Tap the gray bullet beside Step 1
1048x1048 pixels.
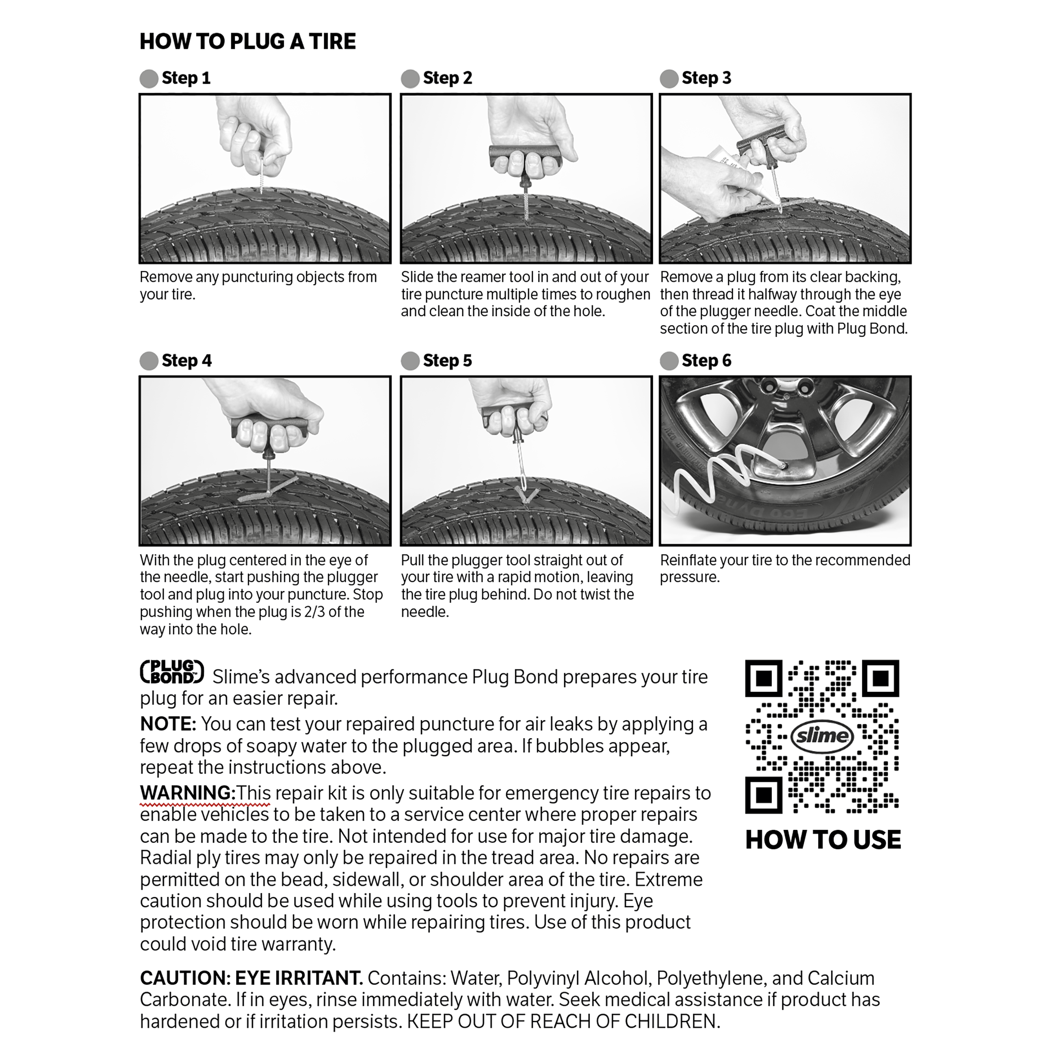148,79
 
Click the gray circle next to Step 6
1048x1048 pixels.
669,361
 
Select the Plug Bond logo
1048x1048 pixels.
172,672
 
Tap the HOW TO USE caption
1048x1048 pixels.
822,840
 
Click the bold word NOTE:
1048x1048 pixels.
168,724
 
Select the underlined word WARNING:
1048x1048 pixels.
187,793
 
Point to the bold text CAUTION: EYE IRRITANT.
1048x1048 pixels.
251,978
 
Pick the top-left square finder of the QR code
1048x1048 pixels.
763,678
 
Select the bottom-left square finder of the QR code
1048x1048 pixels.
763,795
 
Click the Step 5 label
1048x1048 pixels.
447,361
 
